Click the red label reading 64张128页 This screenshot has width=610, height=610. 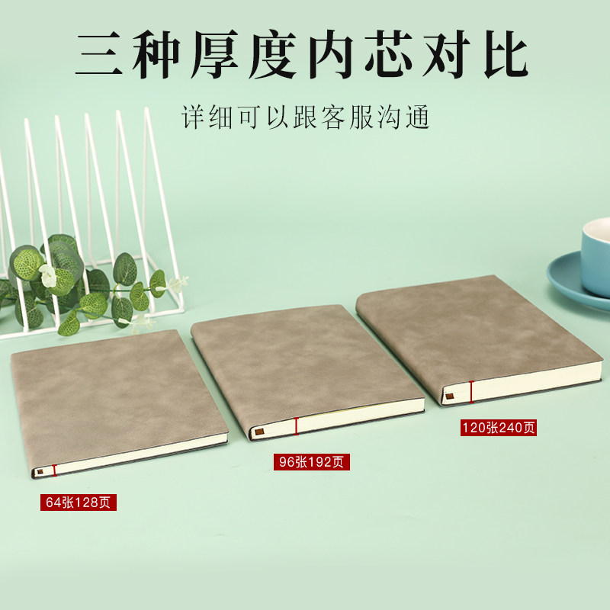click(x=79, y=502)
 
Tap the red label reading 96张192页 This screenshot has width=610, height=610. click(x=312, y=462)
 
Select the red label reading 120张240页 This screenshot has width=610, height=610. click(x=498, y=428)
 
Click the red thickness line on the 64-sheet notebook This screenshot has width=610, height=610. click(x=55, y=470)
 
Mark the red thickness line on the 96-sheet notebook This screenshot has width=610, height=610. click(x=296, y=427)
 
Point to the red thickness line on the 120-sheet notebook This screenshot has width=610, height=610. click(x=471, y=391)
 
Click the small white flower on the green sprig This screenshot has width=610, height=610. click(x=48, y=276)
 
